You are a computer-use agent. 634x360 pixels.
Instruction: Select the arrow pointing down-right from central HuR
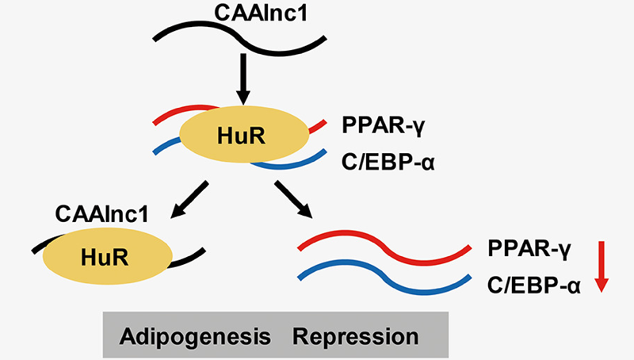point(294,201)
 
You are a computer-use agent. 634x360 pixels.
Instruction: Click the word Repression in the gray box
point(356,335)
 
